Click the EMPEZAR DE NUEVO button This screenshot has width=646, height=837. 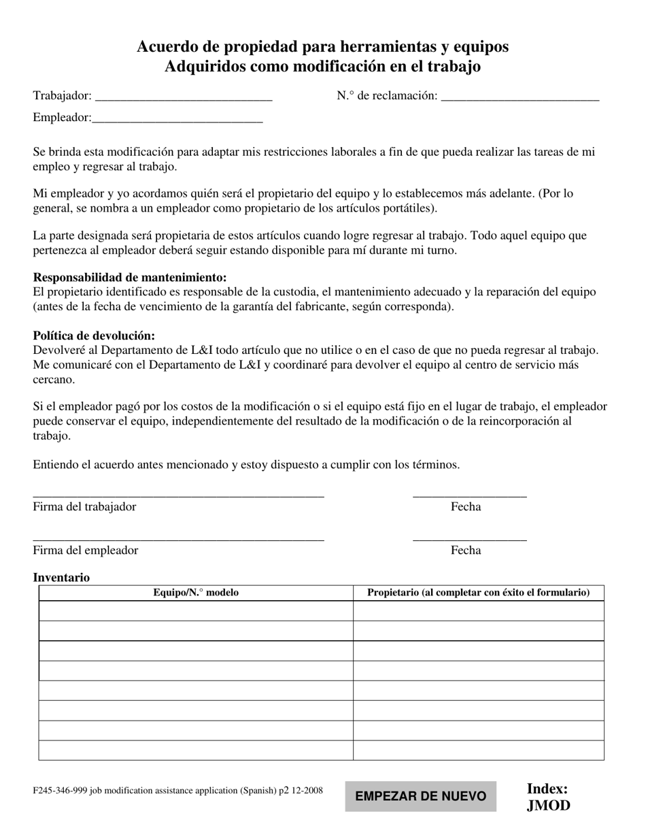(420, 796)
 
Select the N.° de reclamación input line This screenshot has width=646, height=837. (520, 97)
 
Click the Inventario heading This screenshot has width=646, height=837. (61, 578)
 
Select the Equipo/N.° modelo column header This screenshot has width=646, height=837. (196, 593)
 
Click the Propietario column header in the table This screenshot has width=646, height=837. (478, 593)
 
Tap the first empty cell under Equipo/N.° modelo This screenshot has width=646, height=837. (196, 611)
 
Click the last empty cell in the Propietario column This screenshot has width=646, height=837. (478, 750)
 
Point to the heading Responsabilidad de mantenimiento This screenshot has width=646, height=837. (130, 278)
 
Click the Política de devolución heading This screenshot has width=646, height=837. (94, 335)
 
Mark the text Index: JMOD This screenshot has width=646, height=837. (548, 797)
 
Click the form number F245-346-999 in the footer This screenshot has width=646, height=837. (64, 791)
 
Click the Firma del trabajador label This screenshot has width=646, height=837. (84, 507)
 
